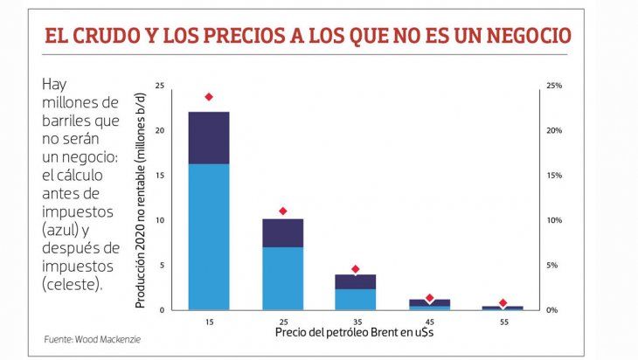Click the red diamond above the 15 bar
[209, 97]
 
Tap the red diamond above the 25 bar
[282, 211]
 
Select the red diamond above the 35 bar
[356, 269]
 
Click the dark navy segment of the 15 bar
[209, 138]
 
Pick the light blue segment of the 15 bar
[209, 236]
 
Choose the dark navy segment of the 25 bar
[282, 232]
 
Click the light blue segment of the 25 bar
[282, 278]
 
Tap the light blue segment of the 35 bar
[356, 299]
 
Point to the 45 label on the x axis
[429, 321]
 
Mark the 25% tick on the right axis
[554, 86]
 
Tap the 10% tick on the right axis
[554, 220]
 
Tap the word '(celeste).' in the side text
[72, 284]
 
